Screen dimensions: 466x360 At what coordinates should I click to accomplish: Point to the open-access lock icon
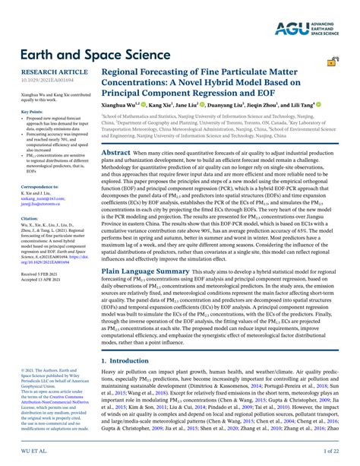coord(333,62)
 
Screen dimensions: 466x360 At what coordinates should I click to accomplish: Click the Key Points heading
coord(21,112)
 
